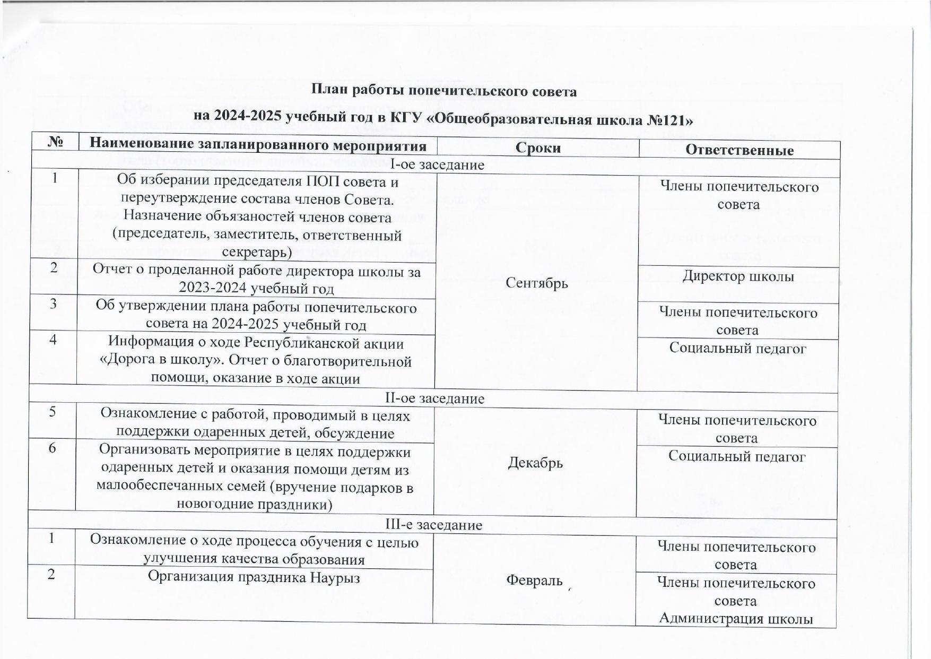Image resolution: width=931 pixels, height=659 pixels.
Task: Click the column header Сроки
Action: (538, 148)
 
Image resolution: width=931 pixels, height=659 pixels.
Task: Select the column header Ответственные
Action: (739, 150)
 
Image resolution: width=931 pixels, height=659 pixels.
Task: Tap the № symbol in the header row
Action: (56, 142)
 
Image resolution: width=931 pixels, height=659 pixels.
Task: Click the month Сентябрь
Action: (537, 283)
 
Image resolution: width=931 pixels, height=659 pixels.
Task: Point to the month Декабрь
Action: (535, 463)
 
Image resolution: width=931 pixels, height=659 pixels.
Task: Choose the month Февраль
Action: (534, 580)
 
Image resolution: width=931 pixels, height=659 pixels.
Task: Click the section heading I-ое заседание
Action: (437, 164)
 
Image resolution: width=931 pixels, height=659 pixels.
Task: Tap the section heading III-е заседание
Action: (434, 525)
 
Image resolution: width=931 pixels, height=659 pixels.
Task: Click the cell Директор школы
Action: (738, 276)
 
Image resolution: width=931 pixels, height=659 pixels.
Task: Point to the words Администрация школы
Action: (736, 619)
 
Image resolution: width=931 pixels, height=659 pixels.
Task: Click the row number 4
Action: (54, 339)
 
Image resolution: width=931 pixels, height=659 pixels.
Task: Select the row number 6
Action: (52, 448)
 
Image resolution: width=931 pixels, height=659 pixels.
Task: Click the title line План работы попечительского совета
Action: (443, 91)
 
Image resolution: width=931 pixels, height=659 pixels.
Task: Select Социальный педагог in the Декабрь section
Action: (737, 456)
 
